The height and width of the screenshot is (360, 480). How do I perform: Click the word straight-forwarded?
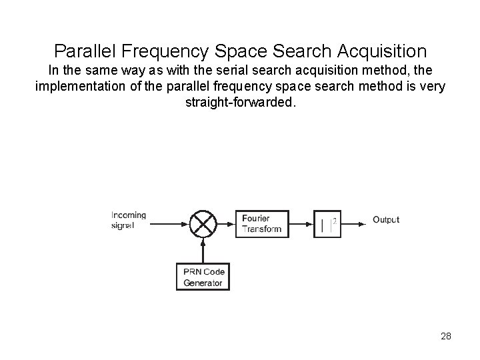tap(239, 104)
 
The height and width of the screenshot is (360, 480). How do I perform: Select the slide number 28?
tap(446, 336)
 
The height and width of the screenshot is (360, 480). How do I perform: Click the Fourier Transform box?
tap(262, 223)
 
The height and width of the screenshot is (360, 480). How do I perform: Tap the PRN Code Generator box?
tap(203, 277)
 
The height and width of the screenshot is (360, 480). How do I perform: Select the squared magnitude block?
tap(327, 223)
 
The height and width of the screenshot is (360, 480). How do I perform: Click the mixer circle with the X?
tap(203, 223)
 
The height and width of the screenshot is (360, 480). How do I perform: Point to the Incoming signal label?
tap(128, 220)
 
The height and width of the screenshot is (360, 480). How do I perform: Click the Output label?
tap(385, 219)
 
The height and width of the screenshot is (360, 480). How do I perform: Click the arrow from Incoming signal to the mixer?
tap(169, 223)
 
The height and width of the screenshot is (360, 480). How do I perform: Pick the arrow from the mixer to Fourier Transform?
tap(225, 223)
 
